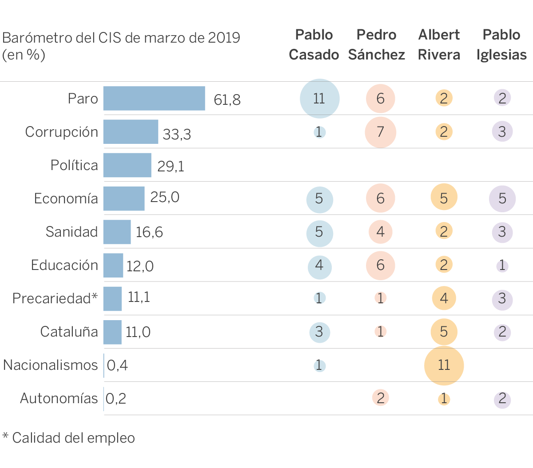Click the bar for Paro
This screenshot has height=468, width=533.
pos(154,98)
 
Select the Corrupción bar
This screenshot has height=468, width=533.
pos(131,132)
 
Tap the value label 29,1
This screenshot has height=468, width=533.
pos(171,166)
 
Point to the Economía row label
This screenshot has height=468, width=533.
pos(66,198)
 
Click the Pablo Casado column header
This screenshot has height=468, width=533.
pos(314,45)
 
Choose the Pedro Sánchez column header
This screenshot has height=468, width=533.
pos(377,45)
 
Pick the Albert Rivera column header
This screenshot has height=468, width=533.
pos(439,45)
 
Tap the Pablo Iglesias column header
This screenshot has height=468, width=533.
pos(501,45)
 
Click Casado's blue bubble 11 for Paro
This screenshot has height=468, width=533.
pos(319,99)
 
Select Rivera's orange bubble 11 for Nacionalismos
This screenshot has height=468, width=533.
pos(444,365)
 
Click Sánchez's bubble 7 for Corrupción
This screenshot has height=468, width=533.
pos(381,132)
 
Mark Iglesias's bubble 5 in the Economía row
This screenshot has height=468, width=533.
pos(502,198)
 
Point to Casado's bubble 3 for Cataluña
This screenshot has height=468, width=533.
pos(319,332)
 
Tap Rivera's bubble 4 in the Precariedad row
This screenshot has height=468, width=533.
pos(444,298)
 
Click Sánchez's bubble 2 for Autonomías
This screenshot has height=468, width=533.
pos(381,398)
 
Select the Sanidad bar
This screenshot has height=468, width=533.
pos(117,232)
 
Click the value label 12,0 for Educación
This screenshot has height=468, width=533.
pos(140,266)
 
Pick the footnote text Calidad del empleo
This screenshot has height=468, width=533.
pos(73,438)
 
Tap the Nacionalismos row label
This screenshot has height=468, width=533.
pos(50,365)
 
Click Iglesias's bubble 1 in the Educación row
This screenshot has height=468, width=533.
pos(502,266)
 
